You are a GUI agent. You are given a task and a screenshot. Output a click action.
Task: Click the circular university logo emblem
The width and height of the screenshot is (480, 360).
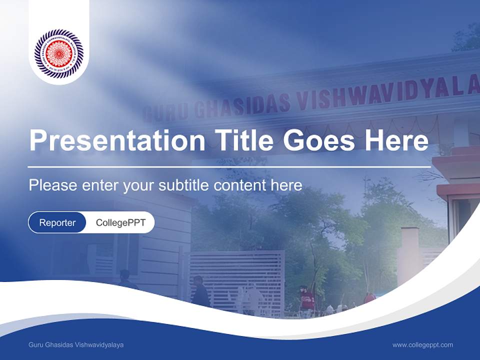coord(59,53)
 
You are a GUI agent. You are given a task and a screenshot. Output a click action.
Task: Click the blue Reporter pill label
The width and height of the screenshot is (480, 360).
coord(57,222)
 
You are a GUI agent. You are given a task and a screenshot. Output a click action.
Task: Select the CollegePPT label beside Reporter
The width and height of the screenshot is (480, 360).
coord(120,222)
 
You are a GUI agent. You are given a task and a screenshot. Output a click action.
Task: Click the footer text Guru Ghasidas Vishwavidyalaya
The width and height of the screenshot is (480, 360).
coord(76,345)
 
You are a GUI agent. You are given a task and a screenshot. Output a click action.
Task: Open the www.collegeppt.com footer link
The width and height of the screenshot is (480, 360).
coord(422,345)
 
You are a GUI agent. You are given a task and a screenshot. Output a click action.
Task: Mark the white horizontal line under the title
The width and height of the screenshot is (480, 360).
coord(229,166)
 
